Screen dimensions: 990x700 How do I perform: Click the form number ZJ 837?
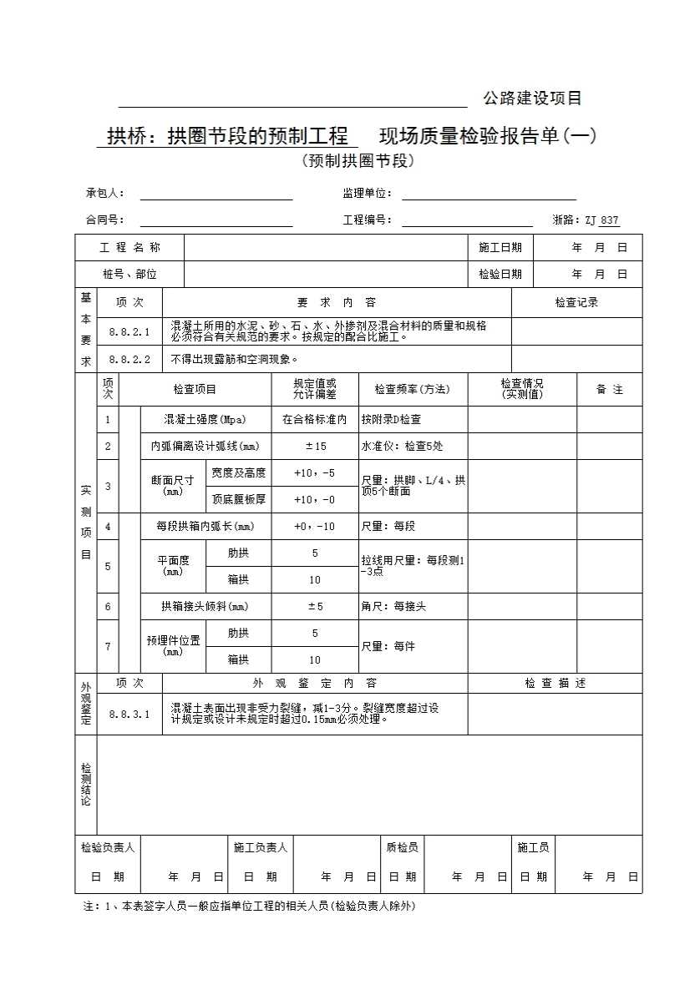pos(601,220)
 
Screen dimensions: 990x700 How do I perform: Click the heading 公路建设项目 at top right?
pos(532,98)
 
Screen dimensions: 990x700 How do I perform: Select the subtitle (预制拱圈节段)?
pos(358,161)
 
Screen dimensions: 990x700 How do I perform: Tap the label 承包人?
pos(104,194)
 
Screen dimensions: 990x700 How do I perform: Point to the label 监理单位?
pos(367,194)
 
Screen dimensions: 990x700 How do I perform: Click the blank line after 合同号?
pos(216,220)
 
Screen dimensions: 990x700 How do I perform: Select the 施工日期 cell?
pos(500,248)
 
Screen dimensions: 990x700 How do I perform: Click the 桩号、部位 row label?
pos(129,274)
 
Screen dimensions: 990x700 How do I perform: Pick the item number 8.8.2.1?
pos(129,331)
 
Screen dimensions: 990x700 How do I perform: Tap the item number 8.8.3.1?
pos(129,714)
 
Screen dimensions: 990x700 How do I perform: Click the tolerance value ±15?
pos(315,447)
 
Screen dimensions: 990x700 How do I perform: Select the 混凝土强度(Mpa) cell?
pos(205,420)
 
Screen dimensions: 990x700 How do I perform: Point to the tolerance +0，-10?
pos(315,527)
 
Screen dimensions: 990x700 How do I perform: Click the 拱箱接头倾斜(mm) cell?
pos(205,607)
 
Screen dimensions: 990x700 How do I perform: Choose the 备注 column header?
pos(610,390)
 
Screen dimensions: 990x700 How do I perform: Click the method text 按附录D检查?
pos(391,420)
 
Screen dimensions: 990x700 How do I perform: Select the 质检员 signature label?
pos(402,848)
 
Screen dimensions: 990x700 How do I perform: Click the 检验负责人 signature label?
pos(108,848)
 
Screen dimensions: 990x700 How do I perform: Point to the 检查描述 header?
pos(555,684)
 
